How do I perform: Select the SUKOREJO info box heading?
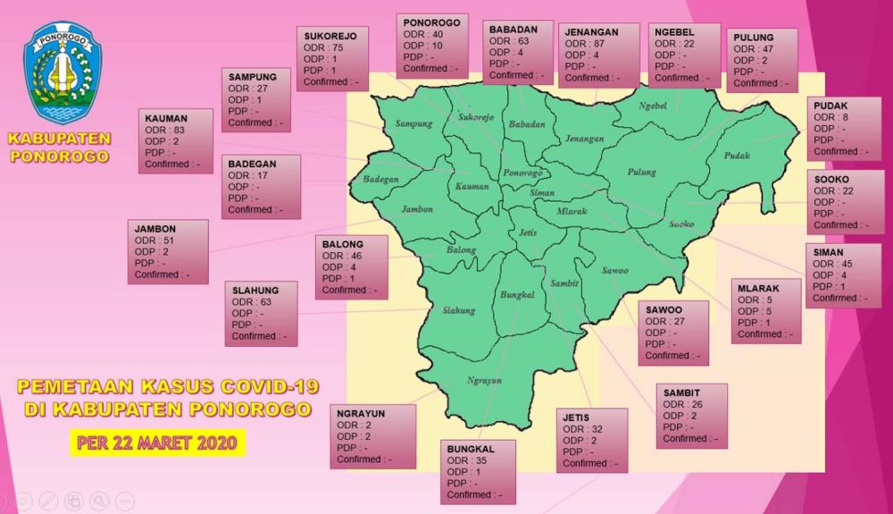click(330, 36)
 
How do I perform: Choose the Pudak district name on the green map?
click(737, 155)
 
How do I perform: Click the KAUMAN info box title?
click(165, 118)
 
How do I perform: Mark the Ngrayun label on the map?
click(485, 380)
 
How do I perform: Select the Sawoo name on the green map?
click(614, 270)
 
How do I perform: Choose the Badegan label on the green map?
click(380, 180)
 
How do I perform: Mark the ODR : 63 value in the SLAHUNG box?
click(252, 302)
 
